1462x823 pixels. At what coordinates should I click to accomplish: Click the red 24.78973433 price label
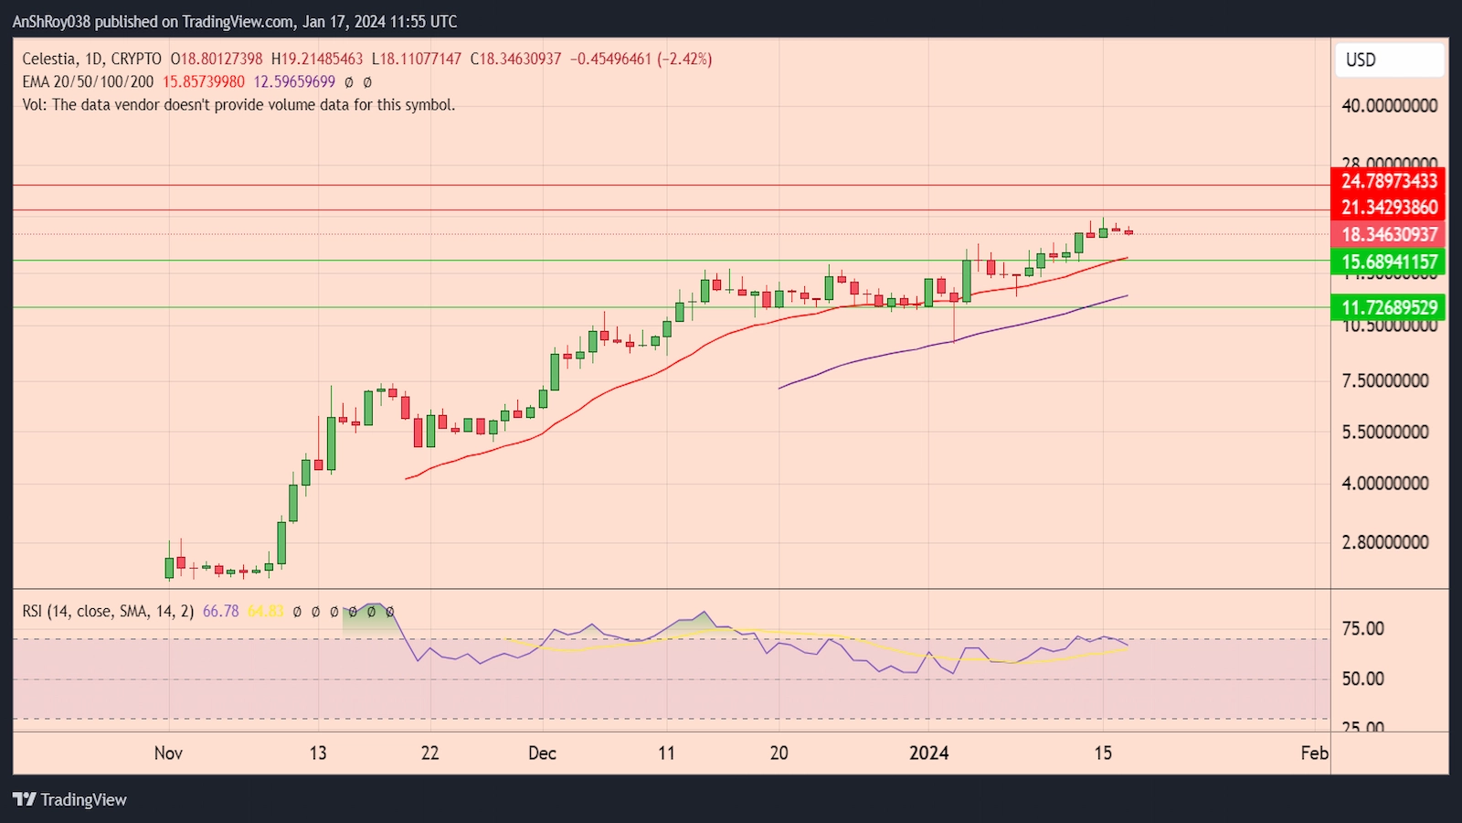pos(1388,181)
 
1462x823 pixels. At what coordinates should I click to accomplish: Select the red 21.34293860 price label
pos(1388,208)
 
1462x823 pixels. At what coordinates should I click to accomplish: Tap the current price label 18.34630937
pos(1388,235)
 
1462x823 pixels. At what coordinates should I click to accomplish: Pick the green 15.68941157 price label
pos(1388,262)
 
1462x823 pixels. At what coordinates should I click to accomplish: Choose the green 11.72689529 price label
pos(1388,308)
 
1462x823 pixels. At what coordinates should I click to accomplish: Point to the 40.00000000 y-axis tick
pos(1389,106)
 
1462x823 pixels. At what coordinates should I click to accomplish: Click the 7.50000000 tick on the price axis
pos(1384,381)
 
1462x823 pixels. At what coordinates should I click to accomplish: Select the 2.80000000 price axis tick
pos(1384,542)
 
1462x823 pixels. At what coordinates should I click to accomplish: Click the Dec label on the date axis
pos(542,754)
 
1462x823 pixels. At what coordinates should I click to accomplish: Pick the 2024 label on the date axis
pos(928,754)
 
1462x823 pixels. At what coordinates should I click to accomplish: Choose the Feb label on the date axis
pos(1314,754)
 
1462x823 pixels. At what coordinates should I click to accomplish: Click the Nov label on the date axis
pos(168,754)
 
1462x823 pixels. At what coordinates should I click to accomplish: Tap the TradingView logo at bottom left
pos(70,800)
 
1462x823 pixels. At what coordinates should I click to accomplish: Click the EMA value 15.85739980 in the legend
pos(204,82)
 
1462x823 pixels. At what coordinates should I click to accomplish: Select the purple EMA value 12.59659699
pos(294,82)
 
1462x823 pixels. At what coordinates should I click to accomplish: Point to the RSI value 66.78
pos(220,611)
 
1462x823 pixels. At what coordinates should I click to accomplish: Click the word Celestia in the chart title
pos(49,59)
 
